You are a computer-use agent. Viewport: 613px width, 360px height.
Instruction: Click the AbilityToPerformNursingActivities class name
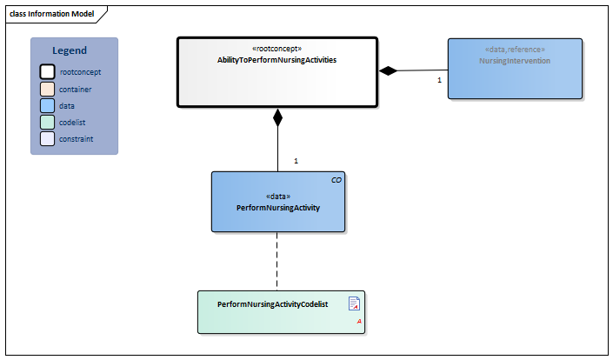tap(277, 61)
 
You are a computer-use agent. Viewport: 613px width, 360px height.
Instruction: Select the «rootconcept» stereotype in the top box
tap(277, 49)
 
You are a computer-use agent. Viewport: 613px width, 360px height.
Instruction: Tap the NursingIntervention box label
tap(515, 62)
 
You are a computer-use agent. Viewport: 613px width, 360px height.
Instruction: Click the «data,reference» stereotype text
tap(515, 50)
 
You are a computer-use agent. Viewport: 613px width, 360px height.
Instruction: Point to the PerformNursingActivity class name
tap(277, 209)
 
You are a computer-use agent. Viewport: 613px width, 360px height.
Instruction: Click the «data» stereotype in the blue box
tap(277, 197)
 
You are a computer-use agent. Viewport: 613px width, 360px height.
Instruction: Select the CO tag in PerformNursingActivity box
tap(336, 180)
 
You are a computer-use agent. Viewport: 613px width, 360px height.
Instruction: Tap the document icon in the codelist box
tap(354, 303)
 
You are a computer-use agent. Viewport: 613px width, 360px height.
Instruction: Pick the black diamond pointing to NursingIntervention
tap(388, 71)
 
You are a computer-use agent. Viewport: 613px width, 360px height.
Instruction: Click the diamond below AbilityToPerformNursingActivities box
tap(277, 117)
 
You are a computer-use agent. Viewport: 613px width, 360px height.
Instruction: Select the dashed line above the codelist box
tap(277, 261)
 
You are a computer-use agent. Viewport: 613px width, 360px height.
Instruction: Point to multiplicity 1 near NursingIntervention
tap(439, 80)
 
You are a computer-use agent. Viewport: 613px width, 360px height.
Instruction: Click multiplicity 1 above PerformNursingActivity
tap(296, 161)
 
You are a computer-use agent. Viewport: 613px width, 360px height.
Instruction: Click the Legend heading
tap(70, 51)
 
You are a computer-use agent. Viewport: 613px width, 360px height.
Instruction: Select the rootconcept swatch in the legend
tap(49, 72)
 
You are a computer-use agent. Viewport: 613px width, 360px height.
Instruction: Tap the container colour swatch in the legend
tap(49, 89)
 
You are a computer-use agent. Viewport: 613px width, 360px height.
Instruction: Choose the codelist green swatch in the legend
tap(49, 122)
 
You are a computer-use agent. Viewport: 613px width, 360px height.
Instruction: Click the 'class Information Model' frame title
tap(52, 14)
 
